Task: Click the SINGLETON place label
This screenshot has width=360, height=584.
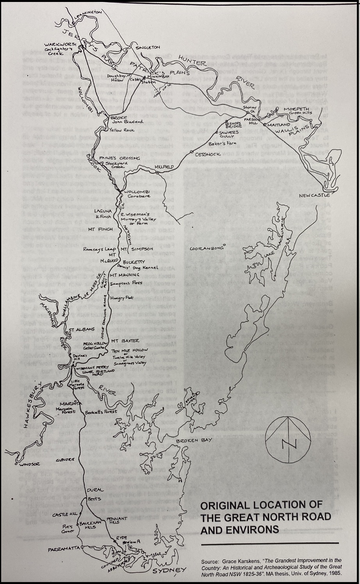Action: coord(148,47)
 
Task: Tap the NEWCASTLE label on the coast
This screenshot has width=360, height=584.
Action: coord(314,195)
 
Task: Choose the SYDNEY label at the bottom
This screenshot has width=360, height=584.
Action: coord(169,571)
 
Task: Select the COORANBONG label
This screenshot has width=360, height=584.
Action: coord(206,248)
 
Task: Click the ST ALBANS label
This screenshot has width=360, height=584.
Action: coord(77,330)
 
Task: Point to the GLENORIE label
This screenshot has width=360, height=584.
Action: coord(65,460)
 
